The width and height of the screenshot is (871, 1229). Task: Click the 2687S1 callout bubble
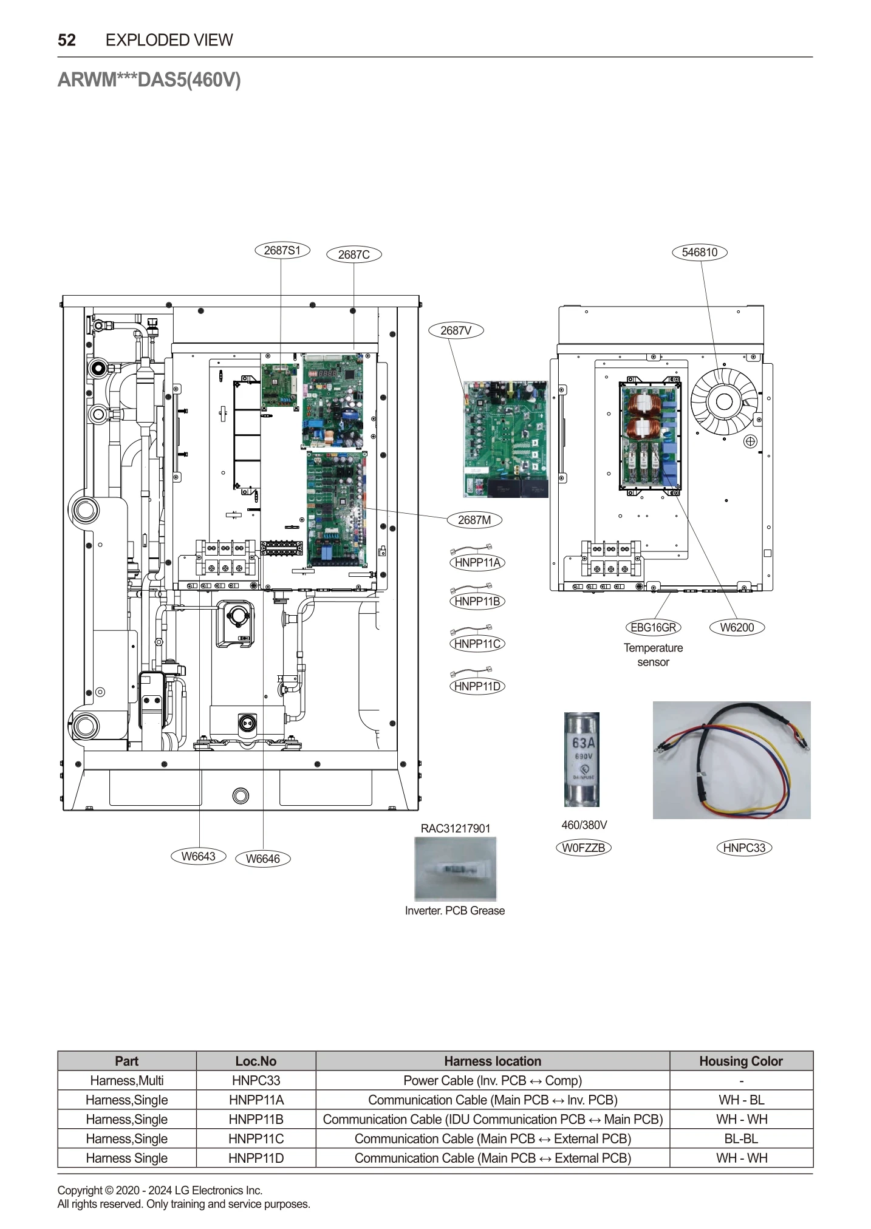pos(282,251)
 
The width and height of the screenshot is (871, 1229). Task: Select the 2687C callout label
pos(354,255)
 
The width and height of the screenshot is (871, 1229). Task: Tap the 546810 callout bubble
pos(699,253)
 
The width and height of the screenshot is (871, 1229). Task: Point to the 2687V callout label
pos(456,331)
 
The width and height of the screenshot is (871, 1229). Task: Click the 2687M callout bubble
pos(474,520)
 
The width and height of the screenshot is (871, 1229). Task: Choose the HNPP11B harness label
pos(477,602)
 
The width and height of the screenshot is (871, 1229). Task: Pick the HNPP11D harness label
pos(477,687)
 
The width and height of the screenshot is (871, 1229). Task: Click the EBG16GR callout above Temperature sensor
pos(653,628)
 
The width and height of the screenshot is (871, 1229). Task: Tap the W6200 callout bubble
pos(737,628)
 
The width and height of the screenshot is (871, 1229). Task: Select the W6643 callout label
pos(199,857)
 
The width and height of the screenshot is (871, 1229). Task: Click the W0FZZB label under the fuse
pos(583,848)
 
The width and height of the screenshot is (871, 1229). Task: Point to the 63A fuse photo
pos(582,759)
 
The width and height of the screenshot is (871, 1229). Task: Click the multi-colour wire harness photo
pos(731,760)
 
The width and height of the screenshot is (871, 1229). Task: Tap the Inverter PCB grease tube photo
pos(456,869)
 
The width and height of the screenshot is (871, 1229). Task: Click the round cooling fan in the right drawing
pos(724,402)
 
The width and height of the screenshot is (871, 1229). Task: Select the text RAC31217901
pos(456,829)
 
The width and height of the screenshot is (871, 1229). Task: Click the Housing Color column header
pos(740,1061)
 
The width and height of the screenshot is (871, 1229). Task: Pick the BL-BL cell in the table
pos(740,1139)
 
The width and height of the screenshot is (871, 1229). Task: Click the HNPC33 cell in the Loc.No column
pos(256,1081)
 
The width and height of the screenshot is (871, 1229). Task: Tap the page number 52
pos(67,40)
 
